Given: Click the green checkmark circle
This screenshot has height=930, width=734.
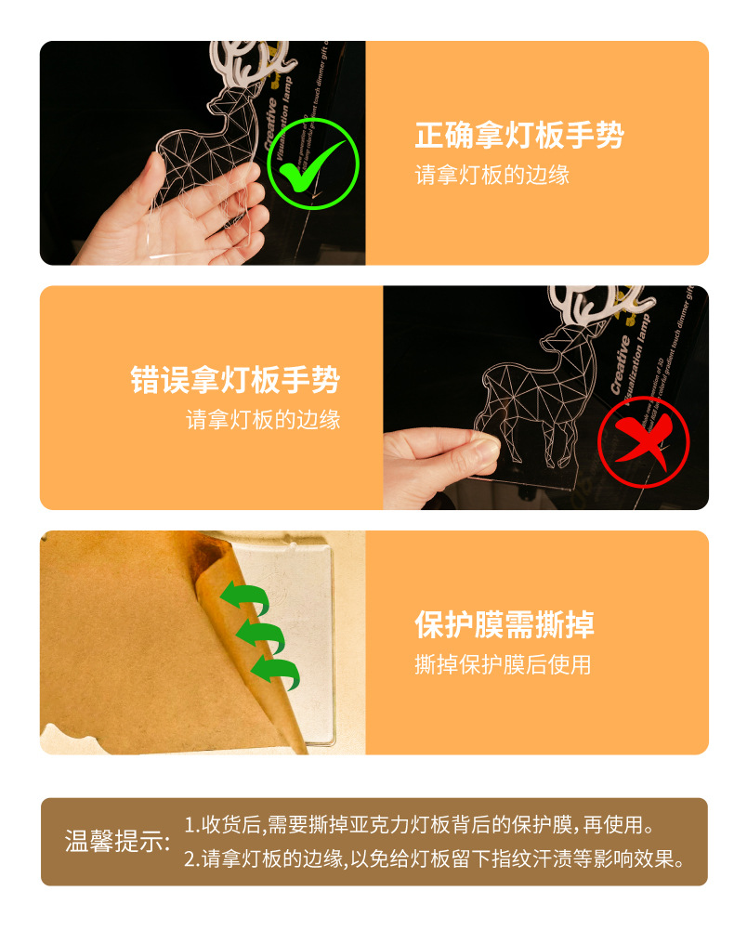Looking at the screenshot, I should [x=312, y=164].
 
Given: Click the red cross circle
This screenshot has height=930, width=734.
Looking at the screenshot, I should [x=643, y=442].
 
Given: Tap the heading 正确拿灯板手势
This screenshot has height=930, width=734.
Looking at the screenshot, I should [x=519, y=136].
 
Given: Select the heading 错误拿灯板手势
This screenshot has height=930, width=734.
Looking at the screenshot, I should [x=235, y=380].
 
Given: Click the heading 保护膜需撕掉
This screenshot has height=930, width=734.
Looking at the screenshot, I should [x=505, y=624].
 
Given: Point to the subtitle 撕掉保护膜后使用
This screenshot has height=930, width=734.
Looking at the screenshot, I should [x=503, y=665].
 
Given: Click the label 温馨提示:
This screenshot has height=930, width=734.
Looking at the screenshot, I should [x=118, y=842].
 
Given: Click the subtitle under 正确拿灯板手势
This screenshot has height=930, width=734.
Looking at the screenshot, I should [x=492, y=176].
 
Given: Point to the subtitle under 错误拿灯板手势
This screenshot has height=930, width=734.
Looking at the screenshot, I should [x=263, y=420].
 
